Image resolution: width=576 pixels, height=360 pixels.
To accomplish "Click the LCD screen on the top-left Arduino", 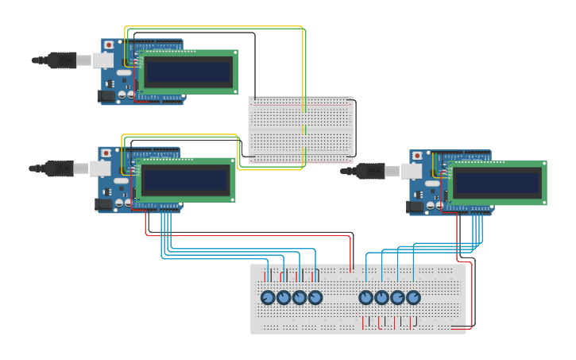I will [188, 72].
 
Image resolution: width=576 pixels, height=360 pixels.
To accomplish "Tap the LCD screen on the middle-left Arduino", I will [185, 180].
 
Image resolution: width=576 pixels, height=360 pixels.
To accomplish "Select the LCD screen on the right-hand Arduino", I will [497, 183].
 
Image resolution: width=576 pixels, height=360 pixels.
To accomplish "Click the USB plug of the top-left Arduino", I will [60, 60].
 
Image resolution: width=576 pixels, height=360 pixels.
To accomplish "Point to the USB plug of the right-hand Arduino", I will [369, 170].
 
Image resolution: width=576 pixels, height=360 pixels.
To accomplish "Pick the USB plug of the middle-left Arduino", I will [58, 168].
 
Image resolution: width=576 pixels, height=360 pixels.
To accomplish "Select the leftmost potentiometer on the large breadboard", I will [268, 297].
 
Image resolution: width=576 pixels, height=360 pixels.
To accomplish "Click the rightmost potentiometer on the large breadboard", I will [413, 297].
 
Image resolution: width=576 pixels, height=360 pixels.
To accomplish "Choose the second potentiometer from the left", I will [284, 297].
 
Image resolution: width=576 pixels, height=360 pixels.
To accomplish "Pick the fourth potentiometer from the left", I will [315, 297].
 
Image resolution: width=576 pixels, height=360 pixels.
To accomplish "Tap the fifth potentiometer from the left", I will [365, 297].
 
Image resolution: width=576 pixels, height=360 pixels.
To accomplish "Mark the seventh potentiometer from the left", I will [397, 297].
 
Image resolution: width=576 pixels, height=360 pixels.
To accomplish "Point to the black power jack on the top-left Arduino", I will [105, 96].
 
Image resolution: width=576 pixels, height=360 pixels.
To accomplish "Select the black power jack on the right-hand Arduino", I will [414, 207].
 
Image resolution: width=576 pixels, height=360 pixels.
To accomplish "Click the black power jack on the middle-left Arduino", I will [102, 204].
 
